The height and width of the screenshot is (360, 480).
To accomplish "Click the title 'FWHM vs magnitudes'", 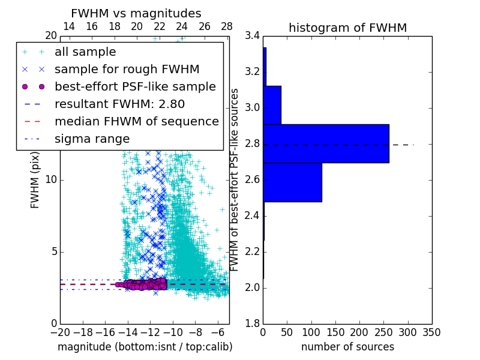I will pos(136,13).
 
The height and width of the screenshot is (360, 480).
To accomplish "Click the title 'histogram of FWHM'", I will pos(347,28).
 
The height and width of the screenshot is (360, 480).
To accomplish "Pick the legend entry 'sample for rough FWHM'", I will pos(127,70).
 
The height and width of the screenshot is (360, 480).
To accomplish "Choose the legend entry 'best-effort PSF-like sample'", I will pos(135,87).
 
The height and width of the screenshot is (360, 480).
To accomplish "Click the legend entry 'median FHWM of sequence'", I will pos(136,122).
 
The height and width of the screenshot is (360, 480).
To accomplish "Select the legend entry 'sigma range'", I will pos(92,139).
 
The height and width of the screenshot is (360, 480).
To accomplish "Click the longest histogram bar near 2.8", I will pos(326,143).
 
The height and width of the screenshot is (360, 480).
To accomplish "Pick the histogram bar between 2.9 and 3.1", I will pos(272,105).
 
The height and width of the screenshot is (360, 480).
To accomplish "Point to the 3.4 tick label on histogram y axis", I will pos(253,36).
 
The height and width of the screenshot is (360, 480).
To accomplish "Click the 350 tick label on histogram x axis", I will pos(431,332).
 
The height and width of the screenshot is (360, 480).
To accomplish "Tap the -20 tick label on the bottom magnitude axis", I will pos(60,332).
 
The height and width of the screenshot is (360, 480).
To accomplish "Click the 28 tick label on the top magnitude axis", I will pos(226,26).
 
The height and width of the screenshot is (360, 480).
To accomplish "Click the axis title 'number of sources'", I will pos(347,347).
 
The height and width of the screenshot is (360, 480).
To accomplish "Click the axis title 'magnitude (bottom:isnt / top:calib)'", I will pos(145,347).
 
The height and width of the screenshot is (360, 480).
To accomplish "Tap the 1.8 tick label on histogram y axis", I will pos(253,324).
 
